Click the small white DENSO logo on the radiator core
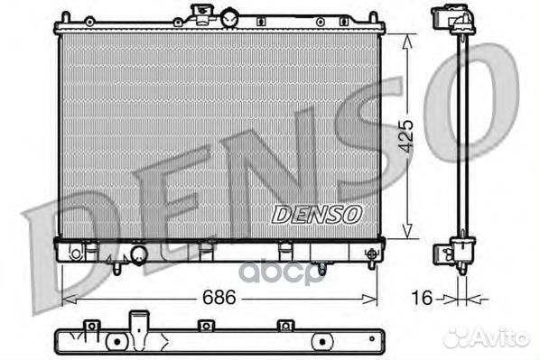317,214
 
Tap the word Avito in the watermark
505,337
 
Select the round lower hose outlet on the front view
139,255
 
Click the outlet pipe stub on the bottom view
137,321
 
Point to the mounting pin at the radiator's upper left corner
66,17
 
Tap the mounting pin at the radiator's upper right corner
372,17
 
